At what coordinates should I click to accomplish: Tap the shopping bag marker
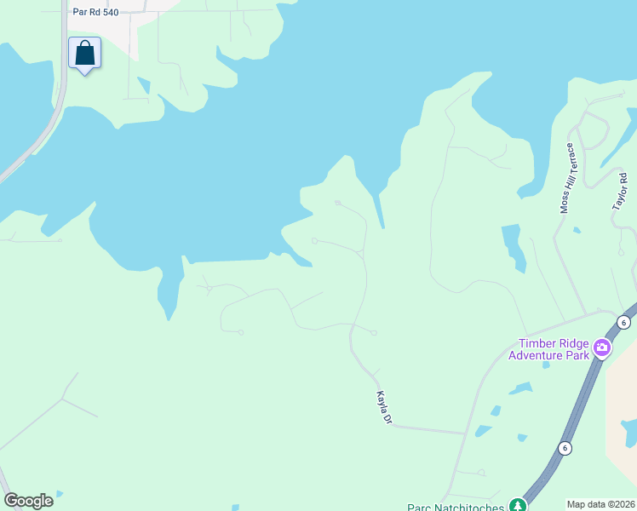(x=84, y=54)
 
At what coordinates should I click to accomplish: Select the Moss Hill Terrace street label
(x=567, y=178)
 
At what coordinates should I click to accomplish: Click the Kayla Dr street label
(x=383, y=408)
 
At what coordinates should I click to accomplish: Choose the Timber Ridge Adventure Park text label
(x=549, y=349)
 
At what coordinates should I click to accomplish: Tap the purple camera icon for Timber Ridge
(x=602, y=347)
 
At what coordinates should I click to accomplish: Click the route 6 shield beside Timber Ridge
(x=624, y=322)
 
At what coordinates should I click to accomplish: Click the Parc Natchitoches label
(x=456, y=506)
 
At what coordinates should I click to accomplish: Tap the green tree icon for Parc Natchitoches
(x=516, y=505)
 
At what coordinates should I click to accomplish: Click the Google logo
(x=28, y=501)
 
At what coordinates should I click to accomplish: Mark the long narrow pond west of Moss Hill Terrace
(x=514, y=247)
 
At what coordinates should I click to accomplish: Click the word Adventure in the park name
(x=537, y=355)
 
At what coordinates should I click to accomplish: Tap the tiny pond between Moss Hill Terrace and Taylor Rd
(x=577, y=230)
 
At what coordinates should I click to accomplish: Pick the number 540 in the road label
(x=108, y=13)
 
